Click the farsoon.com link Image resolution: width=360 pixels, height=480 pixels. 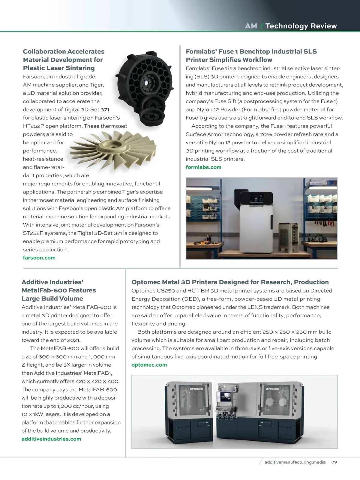click(x=39, y=258)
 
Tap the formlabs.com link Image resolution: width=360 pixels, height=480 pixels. click(x=203, y=167)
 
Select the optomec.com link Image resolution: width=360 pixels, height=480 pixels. click(x=149, y=365)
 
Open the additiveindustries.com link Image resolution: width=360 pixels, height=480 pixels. click(x=51, y=439)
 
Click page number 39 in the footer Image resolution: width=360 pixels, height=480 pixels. click(x=334, y=462)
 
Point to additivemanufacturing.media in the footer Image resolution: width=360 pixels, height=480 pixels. click(x=295, y=462)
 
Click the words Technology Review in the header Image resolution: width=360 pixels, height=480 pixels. click(x=301, y=26)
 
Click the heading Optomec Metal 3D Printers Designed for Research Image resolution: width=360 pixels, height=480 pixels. click(x=230, y=282)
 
